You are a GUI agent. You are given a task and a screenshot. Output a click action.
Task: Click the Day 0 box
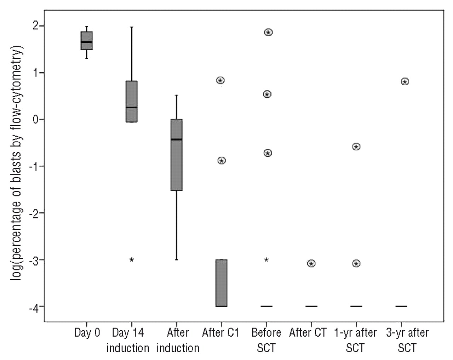click(x=87, y=40)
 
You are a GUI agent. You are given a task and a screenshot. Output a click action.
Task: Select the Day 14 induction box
click(x=132, y=102)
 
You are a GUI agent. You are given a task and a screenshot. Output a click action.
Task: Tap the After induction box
click(x=177, y=155)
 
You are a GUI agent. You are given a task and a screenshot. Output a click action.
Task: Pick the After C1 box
click(x=222, y=283)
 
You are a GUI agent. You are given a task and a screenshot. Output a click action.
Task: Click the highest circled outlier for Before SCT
click(x=268, y=33)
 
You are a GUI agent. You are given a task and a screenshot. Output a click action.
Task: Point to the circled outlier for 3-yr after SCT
click(x=405, y=82)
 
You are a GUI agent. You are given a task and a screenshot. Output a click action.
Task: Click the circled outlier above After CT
click(x=311, y=264)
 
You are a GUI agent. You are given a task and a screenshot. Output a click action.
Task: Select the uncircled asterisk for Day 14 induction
click(x=132, y=260)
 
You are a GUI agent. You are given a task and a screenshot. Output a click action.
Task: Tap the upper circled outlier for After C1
click(x=220, y=81)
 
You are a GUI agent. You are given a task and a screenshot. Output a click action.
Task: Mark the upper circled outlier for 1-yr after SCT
click(x=356, y=147)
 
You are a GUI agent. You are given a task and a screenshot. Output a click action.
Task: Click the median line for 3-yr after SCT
click(x=401, y=306)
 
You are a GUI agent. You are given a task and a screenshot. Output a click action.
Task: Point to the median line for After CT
click(x=311, y=306)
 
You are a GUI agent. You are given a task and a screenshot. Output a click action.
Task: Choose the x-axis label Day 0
click(x=87, y=333)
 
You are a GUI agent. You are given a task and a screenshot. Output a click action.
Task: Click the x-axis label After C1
click(x=220, y=333)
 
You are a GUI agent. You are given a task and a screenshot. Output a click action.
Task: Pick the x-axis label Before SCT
click(x=266, y=340)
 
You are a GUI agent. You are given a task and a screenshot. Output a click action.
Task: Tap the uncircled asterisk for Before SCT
click(x=266, y=260)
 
